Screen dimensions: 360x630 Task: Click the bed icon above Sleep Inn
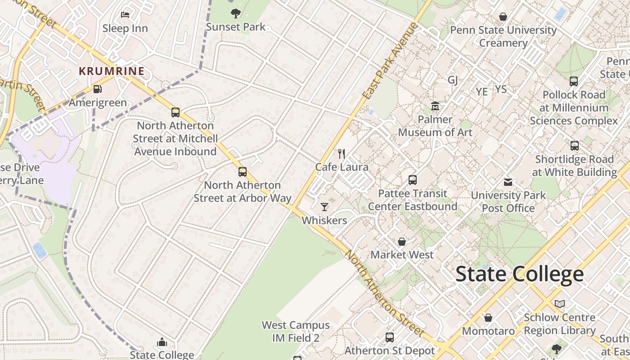(125, 15)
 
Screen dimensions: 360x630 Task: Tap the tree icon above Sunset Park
(235, 13)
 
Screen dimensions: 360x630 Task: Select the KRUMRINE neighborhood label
(112, 71)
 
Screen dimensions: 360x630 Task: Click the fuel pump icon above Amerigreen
(97, 89)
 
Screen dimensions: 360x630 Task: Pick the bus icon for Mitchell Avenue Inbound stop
(175, 112)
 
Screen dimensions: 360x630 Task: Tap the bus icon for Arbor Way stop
(243, 171)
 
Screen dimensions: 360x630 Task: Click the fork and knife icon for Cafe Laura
(342, 154)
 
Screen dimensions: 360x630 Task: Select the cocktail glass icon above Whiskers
(324, 207)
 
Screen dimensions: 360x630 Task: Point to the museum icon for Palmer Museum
(435, 106)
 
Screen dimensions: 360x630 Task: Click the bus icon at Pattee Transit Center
(413, 180)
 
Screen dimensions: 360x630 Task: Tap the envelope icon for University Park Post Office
(508, 182)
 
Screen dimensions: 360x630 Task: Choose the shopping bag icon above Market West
(402, 242)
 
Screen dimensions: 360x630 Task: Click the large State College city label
(520, 274)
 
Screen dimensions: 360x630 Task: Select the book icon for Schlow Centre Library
(559, 304)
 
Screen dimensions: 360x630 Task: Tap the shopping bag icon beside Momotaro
(488, 318)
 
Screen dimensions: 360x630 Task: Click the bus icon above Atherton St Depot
(390, 337)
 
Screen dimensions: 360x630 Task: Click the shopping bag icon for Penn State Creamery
(503, 17)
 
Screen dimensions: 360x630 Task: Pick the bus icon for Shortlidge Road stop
(574, 146)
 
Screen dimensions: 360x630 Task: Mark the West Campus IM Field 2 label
(296, 331)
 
